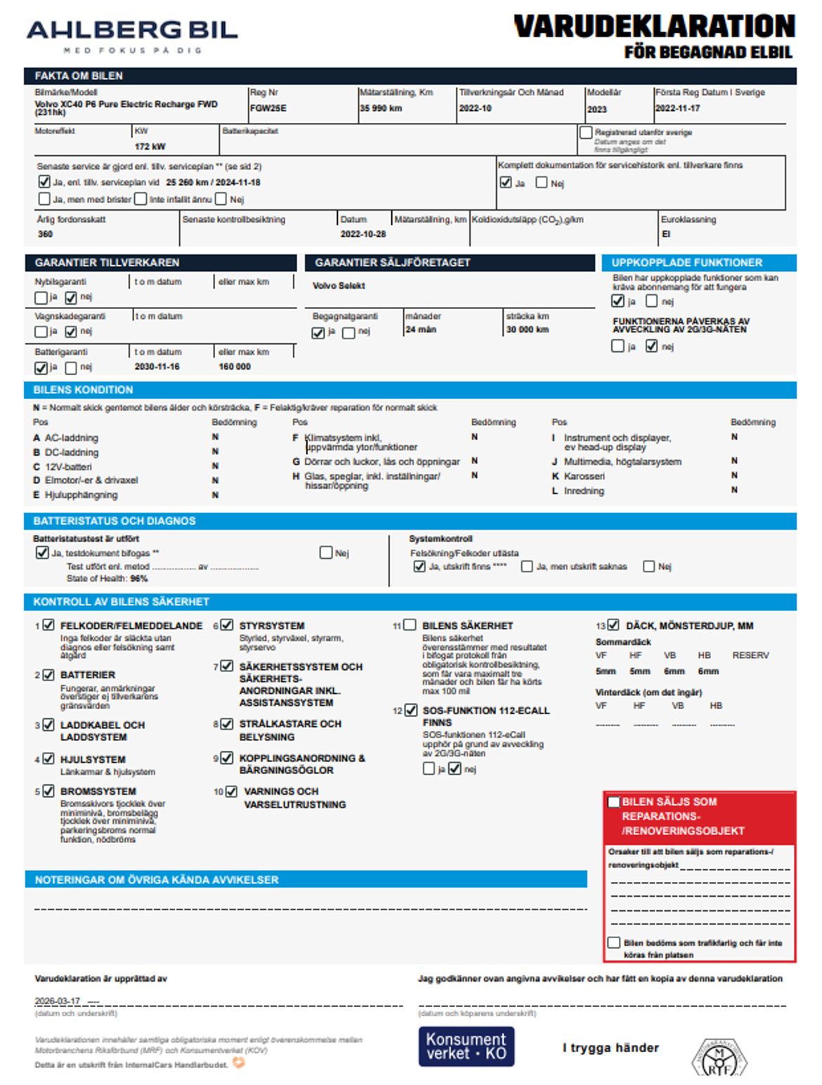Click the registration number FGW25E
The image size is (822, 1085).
pos(268,108)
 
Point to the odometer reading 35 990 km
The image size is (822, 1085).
pos(381,108)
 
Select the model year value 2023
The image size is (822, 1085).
pos(596,109)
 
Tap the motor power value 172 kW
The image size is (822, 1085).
pos(150,147)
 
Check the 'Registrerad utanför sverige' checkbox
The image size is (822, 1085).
pos(586,132)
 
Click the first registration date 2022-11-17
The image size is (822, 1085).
pos(677,108)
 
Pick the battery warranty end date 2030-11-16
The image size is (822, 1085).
pos(157,367)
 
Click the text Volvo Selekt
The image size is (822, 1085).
pos(339,286)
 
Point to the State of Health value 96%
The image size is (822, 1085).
pos(139,579)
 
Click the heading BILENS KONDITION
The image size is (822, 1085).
pos(83,390)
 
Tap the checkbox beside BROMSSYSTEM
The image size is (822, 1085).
pos(48,791)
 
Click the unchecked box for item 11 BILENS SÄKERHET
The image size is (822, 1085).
pos(410,624)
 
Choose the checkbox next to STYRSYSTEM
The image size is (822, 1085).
pos(227,624)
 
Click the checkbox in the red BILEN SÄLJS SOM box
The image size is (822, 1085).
pos(613,802)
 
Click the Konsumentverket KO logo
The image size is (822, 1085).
pos(466,1046)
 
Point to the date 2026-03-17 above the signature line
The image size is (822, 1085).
pos(58,1001)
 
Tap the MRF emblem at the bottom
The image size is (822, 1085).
pos(719,1058)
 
